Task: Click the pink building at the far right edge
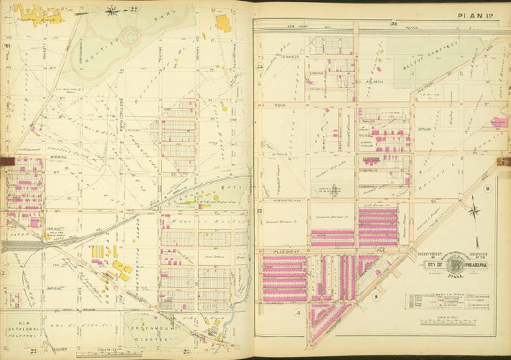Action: pos(495,123)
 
